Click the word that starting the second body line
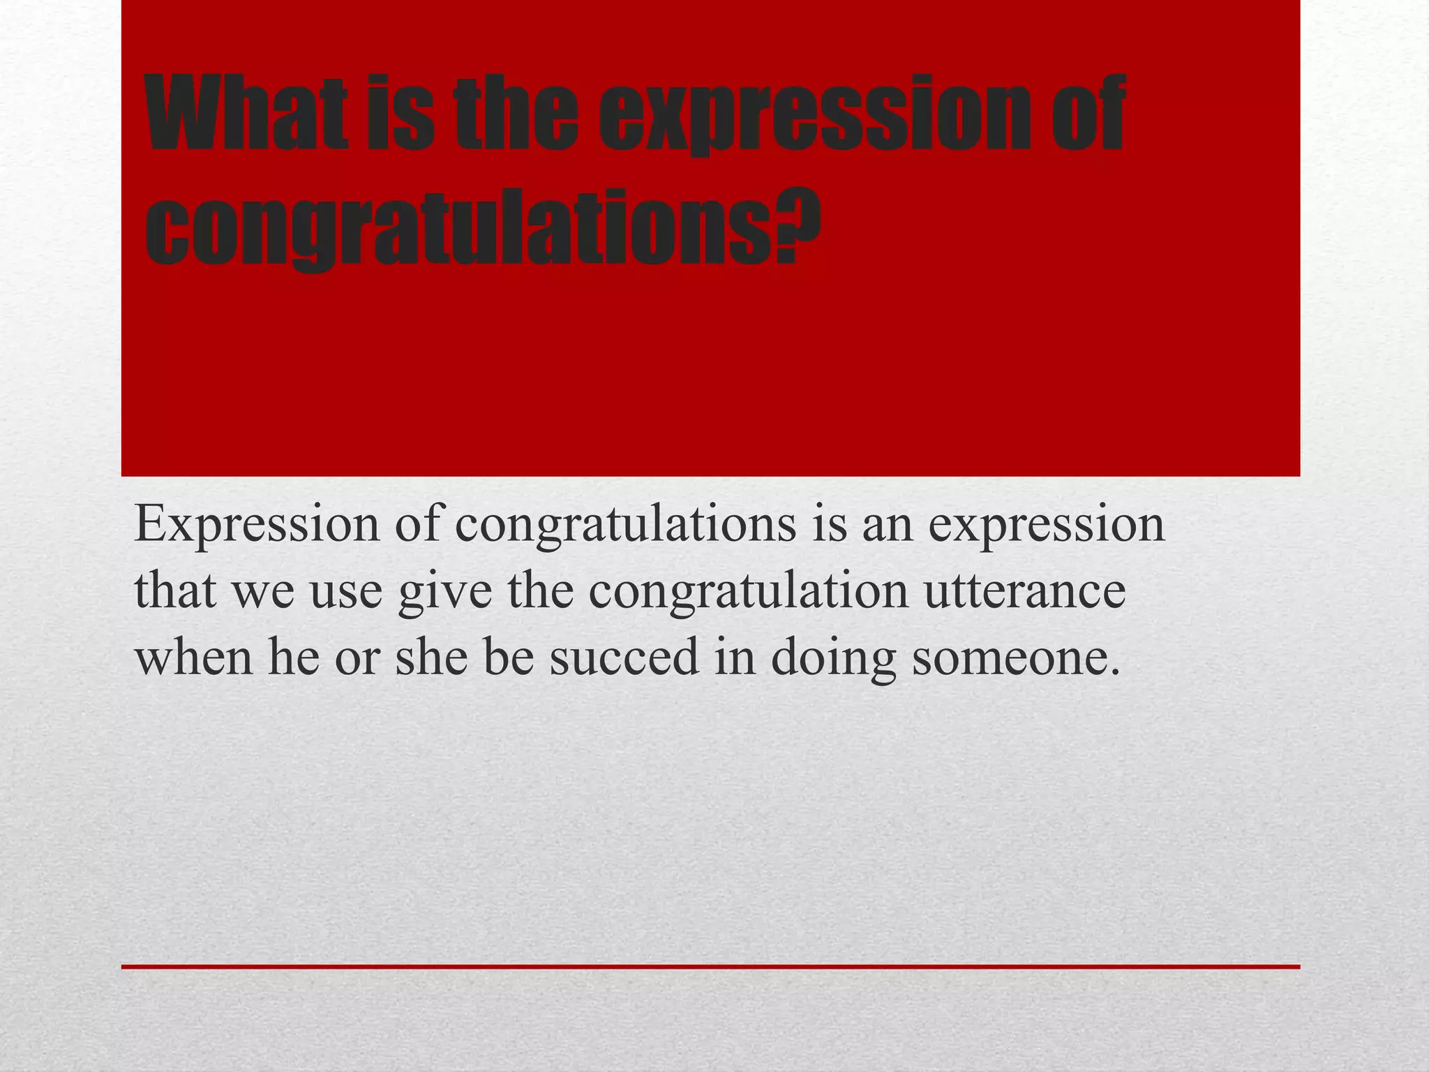tap(174, 590)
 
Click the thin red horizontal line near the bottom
tap(710, 967)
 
